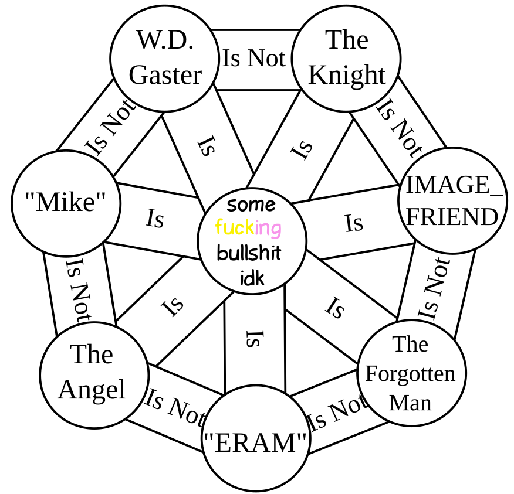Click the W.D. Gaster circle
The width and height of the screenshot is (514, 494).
click(x=165, y=58)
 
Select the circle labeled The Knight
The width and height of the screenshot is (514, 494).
click(x=346, y=58)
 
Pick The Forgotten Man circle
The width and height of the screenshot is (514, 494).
click(x=411, y=373)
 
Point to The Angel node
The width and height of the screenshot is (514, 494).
click(x=94, y=374)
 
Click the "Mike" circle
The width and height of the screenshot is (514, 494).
click(x=66, y=203)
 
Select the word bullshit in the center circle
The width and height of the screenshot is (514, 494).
click(x=249, y=253)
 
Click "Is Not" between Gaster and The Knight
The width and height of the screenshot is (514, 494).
click(x=253, y=59)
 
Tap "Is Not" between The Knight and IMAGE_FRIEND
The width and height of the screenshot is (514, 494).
click(x=398, y=127)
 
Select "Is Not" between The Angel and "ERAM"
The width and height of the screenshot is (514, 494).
click(x=174, y=407)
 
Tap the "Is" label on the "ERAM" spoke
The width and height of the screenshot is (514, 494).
click(x=253, y=339)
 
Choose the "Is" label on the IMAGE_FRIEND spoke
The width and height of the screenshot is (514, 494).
click(x=354, y=223)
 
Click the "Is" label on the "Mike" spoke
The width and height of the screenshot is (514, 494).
click(x=155, y=219)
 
